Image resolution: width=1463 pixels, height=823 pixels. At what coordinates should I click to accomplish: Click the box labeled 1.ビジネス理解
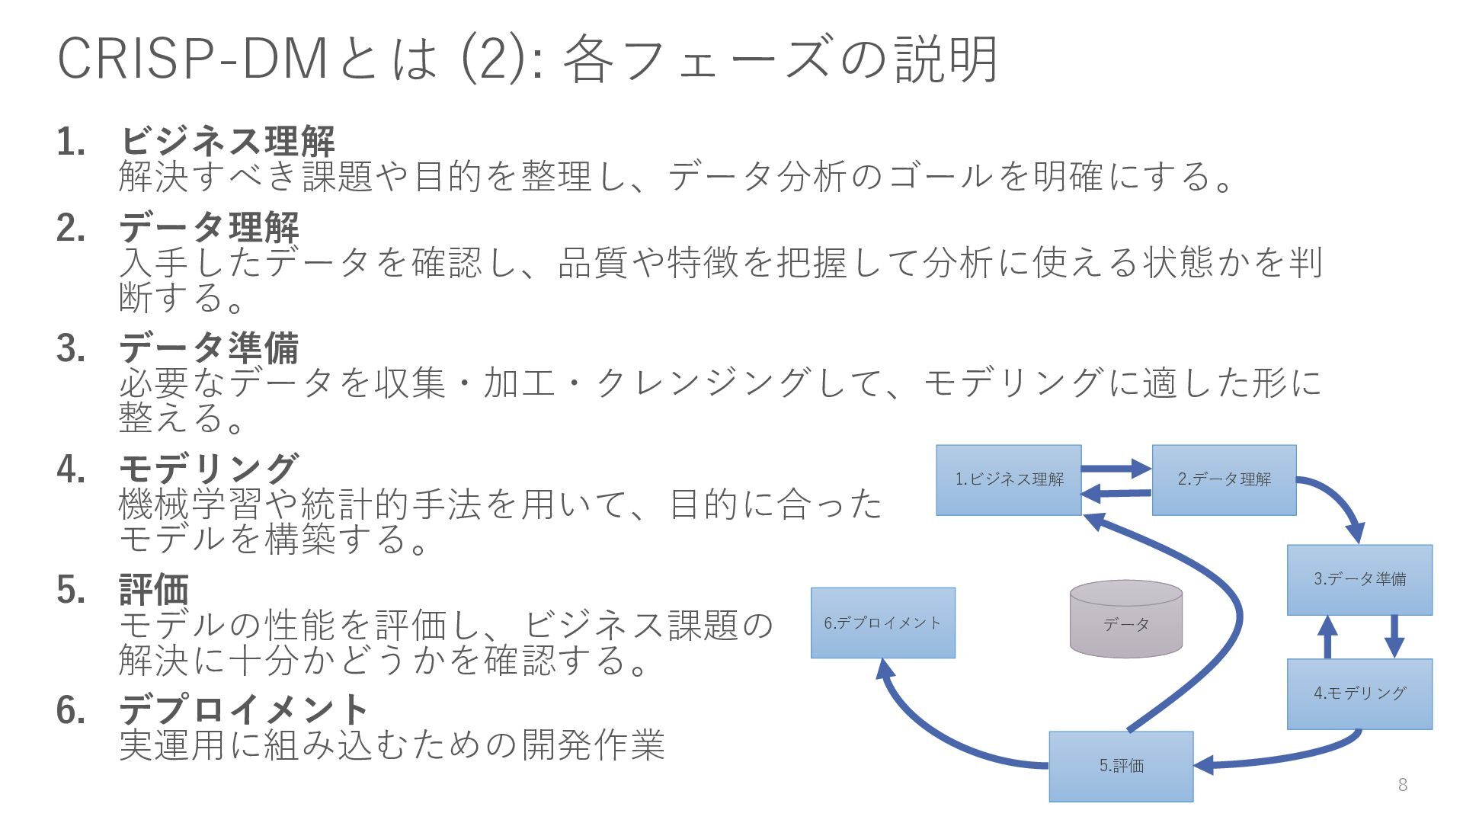coord(1008,480)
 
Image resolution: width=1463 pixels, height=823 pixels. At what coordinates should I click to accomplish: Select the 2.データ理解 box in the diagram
coord(1224,480)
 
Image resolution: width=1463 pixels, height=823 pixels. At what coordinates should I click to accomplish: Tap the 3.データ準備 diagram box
coord(1359,579)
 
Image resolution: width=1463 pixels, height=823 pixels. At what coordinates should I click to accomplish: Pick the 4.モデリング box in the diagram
coord(1359,693)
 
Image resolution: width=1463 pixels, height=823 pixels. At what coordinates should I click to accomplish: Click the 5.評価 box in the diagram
coord(1121,766)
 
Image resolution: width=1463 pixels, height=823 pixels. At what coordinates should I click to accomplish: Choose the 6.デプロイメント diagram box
coord(882,623)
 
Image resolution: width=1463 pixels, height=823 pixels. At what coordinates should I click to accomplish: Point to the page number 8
coord(1402,785)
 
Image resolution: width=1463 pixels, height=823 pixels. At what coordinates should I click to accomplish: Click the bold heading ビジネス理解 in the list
coord(227,141)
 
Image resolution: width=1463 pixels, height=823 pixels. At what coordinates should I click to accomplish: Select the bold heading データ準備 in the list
coord(209,348)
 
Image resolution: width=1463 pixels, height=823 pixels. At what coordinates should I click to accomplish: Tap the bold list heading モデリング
coord(209,468)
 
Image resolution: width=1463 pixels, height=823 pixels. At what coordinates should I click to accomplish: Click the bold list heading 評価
coord(154,589)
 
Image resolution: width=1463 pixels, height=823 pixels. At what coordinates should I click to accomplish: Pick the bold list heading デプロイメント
coord(244,709)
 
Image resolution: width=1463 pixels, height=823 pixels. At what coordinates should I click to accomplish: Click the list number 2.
coord(70,228)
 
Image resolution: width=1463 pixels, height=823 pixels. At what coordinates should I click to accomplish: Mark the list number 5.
coord(70,589)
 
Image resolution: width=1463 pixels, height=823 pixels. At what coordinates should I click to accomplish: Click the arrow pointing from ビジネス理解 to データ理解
coord(1116,468)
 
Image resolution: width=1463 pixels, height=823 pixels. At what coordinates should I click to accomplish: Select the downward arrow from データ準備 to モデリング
coord(1394,636)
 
